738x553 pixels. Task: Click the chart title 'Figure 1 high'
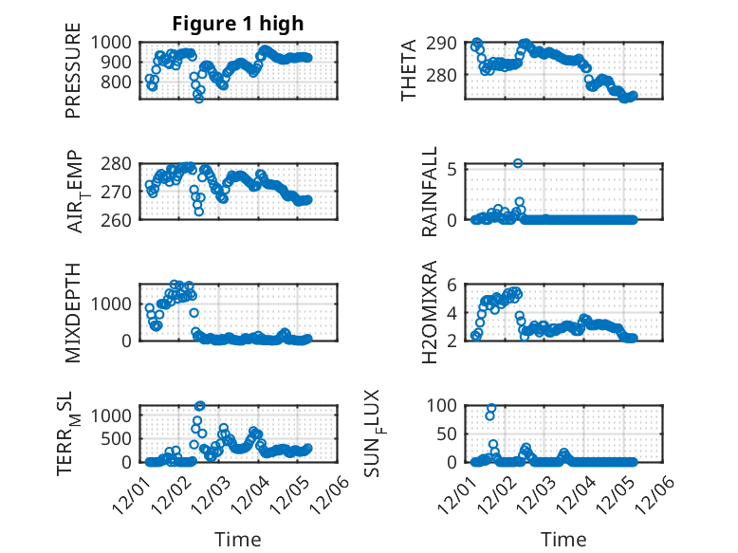[x=238, y=24]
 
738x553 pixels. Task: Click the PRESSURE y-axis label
[x=73, y=78]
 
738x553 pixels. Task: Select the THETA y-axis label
[x=410, y=70]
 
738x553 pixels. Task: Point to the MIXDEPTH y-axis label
[x=73, y=310]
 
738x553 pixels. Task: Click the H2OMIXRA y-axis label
[x=430, y=311]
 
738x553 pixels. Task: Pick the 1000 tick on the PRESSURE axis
[x=115, y=43]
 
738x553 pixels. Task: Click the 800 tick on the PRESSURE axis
[x=120, y=83]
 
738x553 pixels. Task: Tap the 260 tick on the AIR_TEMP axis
[x=120, y=219]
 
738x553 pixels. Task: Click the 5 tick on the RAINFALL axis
[x=453, y=170]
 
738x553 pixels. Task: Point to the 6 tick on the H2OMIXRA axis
[x=453, y=286]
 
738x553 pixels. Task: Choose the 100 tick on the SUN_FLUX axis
[x=444, y=405]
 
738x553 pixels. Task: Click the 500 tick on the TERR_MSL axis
[x=120, y=438]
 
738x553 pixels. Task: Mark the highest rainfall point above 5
[x=518, y=163]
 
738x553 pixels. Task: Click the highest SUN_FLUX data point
[x=491, y=409]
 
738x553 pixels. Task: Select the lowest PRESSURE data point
[x=198, y=99]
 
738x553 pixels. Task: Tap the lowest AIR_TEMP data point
[x=198, y=212]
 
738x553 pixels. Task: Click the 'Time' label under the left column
[x=238, y=540]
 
